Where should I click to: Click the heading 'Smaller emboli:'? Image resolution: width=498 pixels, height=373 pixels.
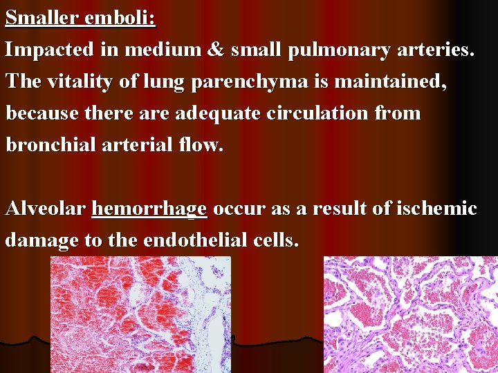(x=80, y=17)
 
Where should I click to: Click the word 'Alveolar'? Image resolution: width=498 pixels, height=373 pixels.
(x=45, y=208)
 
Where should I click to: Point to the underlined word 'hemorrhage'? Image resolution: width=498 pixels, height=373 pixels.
(x=149, y=208)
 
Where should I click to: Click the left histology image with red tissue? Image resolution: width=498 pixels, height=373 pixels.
(x=140, y=314)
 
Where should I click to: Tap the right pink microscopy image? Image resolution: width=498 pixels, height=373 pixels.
(x=410, y=314)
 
